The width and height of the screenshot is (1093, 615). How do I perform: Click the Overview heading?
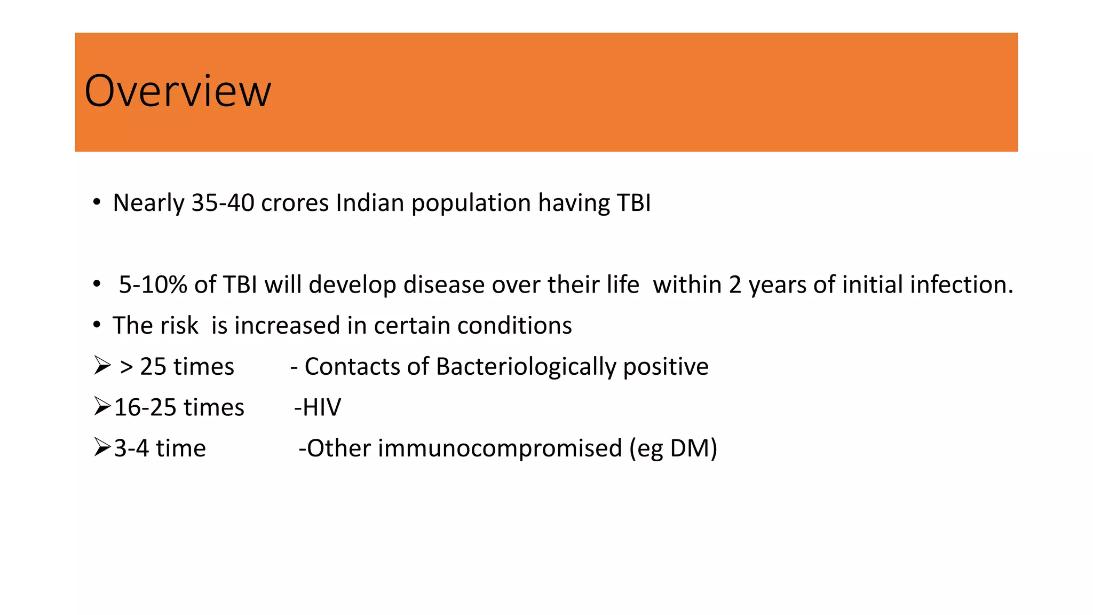[178, 91]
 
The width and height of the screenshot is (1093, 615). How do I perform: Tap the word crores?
[295, 203]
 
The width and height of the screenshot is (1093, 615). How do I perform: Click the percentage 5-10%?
[153, 285]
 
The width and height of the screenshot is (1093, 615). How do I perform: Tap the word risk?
[177, 326]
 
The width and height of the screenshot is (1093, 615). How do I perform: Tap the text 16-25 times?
[179, 408]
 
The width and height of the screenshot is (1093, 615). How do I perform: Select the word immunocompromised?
[500, 448]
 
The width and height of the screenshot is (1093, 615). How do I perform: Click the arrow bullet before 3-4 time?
[102, 447]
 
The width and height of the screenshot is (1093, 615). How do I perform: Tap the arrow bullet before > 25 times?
[102, 365]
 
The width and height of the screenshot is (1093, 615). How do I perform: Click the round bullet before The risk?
[97, 325]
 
